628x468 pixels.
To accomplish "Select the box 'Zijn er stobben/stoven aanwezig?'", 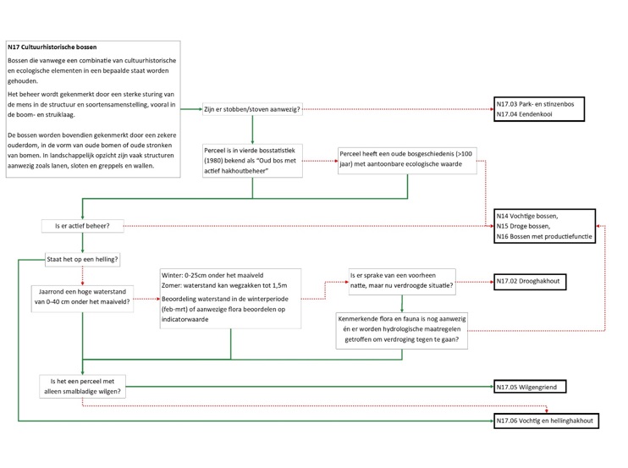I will (x=252, y=109).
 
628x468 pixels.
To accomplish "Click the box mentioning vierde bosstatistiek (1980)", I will (x=252, y=160).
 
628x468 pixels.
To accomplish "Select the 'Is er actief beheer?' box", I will (x=82, y=226).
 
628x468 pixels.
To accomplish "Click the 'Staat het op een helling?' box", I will (x=82, y=258).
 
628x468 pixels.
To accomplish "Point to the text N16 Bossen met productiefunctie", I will (x=544, y=237).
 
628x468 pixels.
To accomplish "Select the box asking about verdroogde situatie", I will (x=401, y=281).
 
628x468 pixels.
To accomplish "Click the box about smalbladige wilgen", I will (x=82, y=386).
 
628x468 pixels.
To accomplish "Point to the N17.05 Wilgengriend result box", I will (x=530, y=387).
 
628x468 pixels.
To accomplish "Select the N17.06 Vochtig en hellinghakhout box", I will (x=546, y=421).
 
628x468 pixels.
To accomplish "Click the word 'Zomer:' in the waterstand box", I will (x=174, y=286).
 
